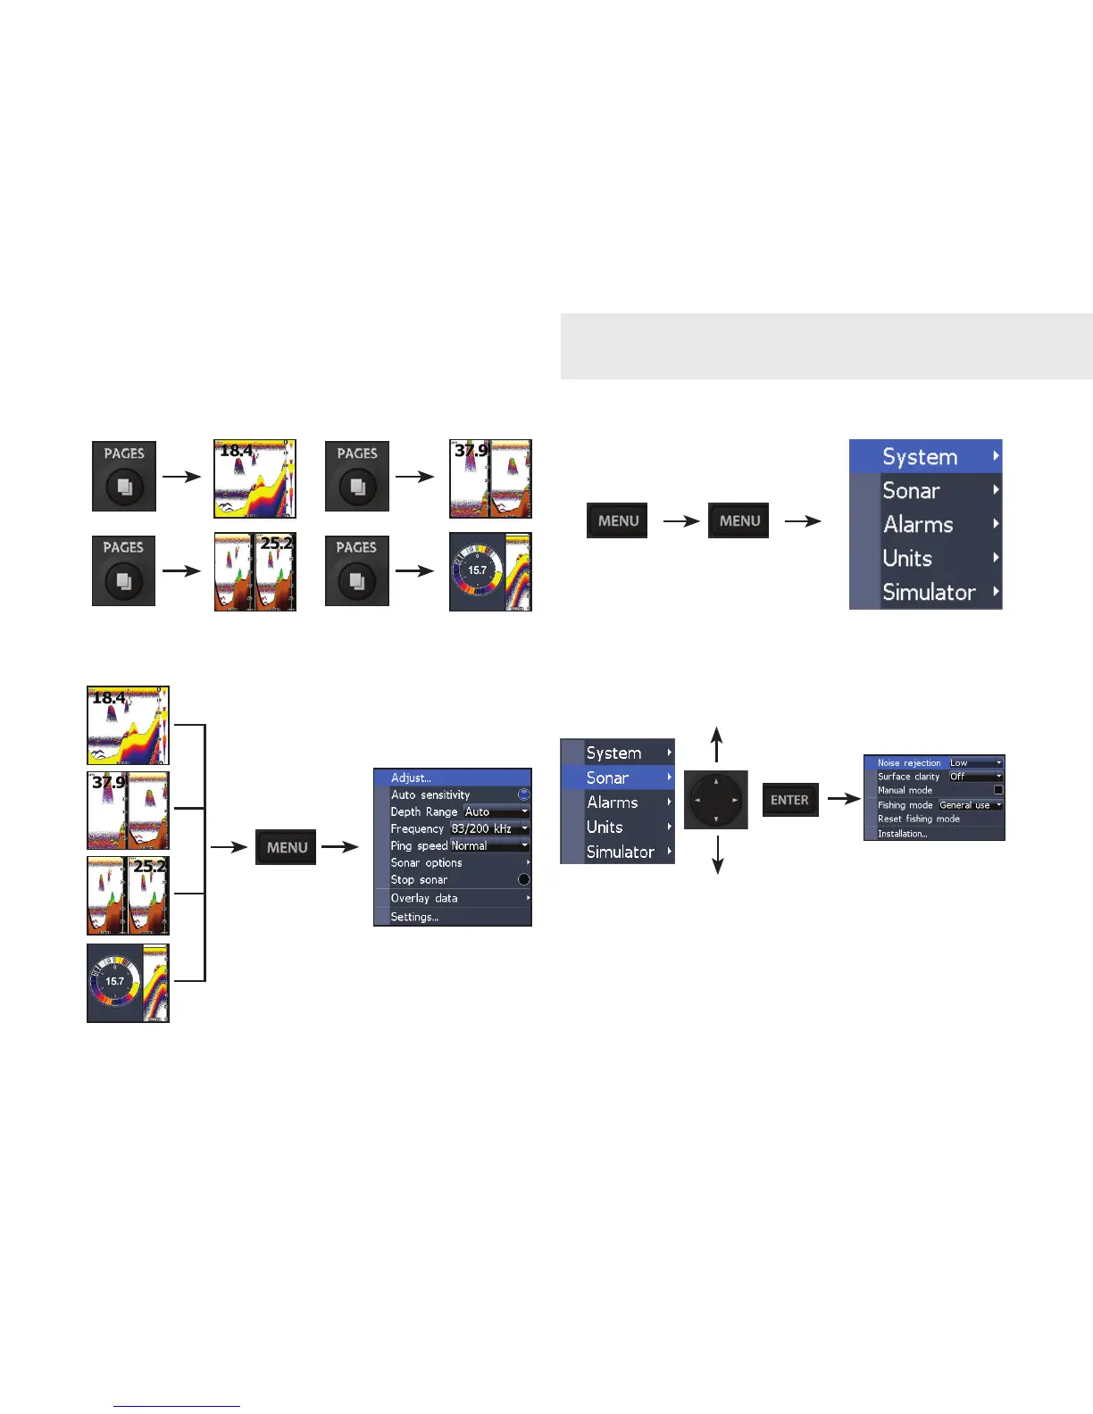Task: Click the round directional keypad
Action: [x=716, y=800]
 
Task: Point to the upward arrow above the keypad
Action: [x=716, y=744]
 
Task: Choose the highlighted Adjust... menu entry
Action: [x=453, y=778]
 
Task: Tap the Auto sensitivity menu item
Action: [x=430, y=794]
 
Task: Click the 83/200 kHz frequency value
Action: [x=482, y=828]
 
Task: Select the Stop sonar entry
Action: [x=420, y=879]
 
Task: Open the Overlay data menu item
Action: [x=424, y=898]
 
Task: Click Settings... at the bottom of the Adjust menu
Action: [x=414, y=917]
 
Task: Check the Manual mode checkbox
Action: [x=998, y=790]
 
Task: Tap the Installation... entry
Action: [x=903, y=834]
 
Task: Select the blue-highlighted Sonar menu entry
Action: [x=617, y=778]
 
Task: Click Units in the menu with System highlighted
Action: [x=907, y=558]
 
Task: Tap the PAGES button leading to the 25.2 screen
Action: [x=124, y=570]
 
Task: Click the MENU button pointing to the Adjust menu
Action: [x=287, y=847]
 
